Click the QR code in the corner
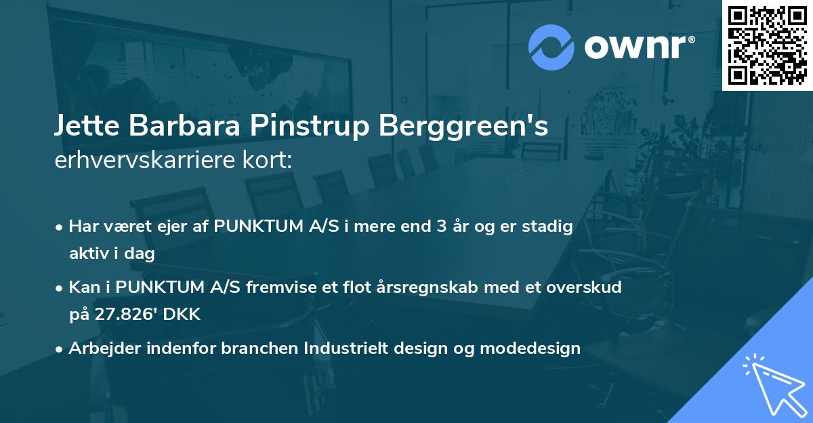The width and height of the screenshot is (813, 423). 767,45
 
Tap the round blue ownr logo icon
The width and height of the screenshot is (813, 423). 551,47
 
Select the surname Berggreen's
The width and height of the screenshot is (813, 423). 461,127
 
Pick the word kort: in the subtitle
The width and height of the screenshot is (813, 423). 270,161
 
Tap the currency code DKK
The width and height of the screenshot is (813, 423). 184,315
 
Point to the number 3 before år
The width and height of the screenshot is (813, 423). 435,226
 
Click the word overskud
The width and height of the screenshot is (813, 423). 583,287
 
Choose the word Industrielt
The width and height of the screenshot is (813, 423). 346,348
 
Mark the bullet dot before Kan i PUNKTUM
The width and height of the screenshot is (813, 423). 60,287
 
